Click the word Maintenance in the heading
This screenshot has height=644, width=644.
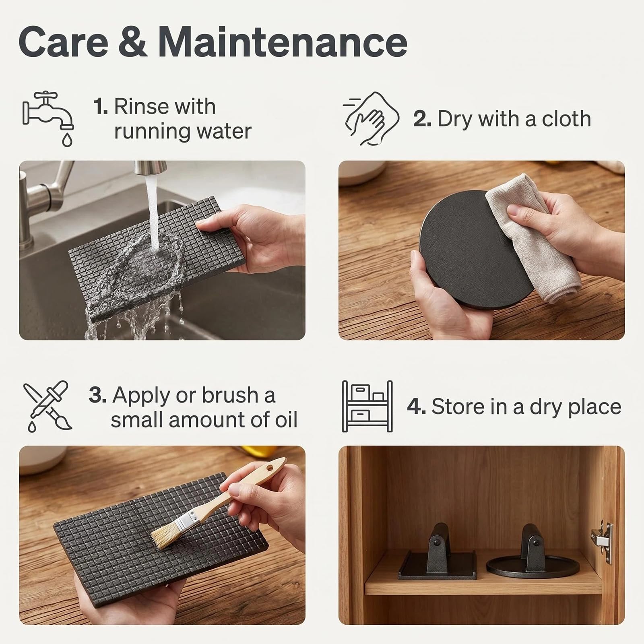click(283, 42)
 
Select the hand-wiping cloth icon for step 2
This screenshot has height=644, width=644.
click(371, 119)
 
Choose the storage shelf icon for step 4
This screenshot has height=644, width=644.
click(367, 407)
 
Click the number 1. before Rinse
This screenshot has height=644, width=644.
click(101, 107)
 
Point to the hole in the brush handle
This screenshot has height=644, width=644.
click(269, 468)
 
